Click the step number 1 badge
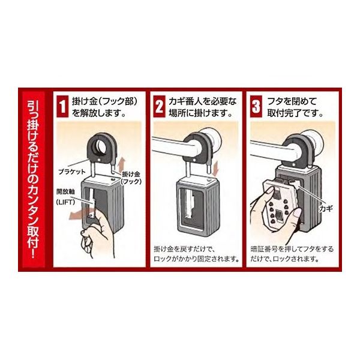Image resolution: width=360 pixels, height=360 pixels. (62, 107)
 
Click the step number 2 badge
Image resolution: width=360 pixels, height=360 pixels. (160, 107)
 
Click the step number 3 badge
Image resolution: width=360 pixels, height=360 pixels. (256, 107)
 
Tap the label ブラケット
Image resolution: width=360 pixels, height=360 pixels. (72, 172)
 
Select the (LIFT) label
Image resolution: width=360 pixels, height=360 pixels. (65, 202)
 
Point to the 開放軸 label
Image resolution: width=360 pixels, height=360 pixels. (65, 191)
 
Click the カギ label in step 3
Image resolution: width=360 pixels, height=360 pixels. (326, 208)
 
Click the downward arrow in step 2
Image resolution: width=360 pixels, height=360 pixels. (216, 167)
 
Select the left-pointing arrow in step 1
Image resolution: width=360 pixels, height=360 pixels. (79, 215)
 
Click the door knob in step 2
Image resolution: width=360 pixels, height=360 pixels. (211, 140)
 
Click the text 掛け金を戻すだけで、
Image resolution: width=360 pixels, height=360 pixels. (184, 249)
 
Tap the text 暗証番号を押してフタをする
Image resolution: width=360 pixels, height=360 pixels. (292, 249)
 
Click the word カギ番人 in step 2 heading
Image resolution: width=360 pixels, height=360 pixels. (184, 101)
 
